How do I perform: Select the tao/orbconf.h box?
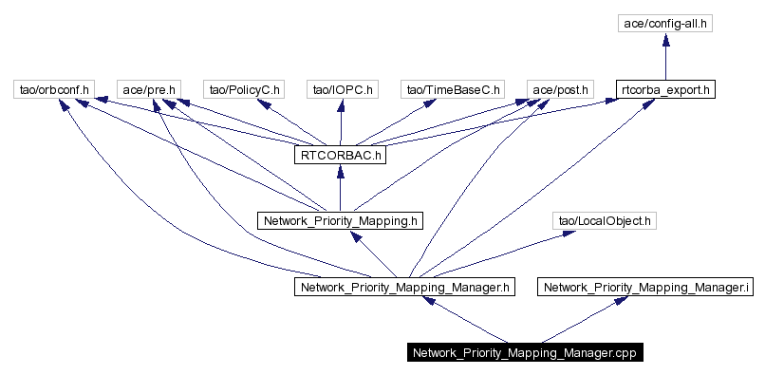pos(54,90)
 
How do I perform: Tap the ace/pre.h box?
pos(148,90)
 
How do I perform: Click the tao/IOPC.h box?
pos(342,90)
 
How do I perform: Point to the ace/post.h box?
pos(559,90)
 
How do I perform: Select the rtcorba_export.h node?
pos(665,90)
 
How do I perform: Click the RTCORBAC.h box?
pos(340,155)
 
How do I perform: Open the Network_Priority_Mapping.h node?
pos(340,220)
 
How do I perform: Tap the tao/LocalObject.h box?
pos(605,220)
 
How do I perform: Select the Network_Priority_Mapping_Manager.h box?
pos(406,286)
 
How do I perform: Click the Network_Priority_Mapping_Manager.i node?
pos(645,286)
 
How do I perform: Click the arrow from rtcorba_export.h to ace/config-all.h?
pos(665,57)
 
